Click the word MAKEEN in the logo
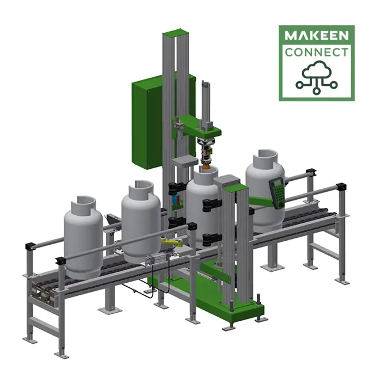[317, 36]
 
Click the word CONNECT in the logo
[317, 53]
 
